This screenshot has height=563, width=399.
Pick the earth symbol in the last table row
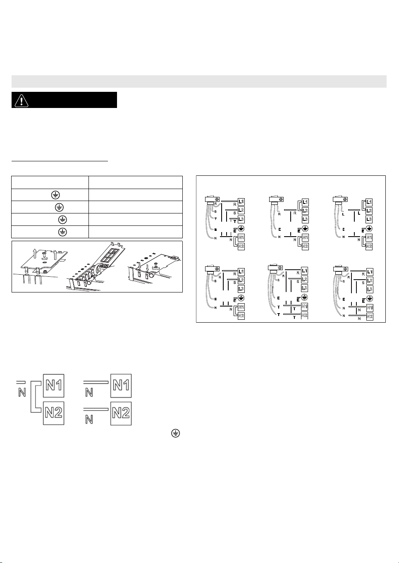62,232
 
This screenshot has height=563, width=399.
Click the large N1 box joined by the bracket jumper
54,385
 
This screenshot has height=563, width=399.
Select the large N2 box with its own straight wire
121,412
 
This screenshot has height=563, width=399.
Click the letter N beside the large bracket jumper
22,391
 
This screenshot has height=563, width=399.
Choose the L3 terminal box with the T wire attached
241,219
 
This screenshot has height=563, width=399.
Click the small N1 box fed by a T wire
305,307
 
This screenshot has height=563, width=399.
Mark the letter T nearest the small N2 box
294,318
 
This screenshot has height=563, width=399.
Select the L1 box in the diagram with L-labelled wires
369,202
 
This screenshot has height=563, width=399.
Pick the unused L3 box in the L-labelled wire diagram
369,219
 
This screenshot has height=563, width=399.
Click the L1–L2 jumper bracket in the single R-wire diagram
299,206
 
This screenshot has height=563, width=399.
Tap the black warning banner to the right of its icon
74,100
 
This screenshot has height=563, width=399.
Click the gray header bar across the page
199,81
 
